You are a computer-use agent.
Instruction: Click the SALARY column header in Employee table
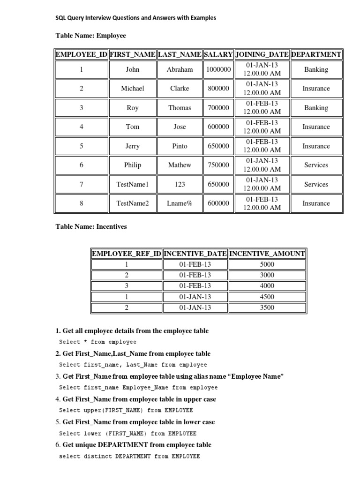pos(218,54)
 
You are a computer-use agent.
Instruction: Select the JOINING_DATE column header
pos(262,54)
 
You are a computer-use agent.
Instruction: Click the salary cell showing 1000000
pos(218,69)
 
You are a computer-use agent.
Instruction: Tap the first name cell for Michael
pos(133,89)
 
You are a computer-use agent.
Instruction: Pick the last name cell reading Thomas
pos(180,108)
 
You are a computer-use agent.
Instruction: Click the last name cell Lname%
pos(180,203)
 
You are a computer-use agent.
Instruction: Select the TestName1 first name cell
pos(133,184)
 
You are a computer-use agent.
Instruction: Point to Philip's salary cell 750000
pos(218,165)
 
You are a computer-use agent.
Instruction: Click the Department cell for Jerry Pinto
pos(316,146)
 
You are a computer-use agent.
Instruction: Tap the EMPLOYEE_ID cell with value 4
pos(82,127)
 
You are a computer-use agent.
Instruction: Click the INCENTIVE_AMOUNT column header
pos(267,254)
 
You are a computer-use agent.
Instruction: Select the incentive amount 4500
pos(267,297)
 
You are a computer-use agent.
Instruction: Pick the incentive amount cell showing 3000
pos(267,275)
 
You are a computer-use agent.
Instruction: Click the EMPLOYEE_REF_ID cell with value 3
pos(127,286)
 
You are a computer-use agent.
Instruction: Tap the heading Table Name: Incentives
pos(91,226)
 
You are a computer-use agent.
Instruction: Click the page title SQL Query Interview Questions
pos(136,18)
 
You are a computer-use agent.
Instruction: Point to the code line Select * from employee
pos(97,342)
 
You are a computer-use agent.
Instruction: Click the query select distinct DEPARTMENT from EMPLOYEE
pos(129,456)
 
